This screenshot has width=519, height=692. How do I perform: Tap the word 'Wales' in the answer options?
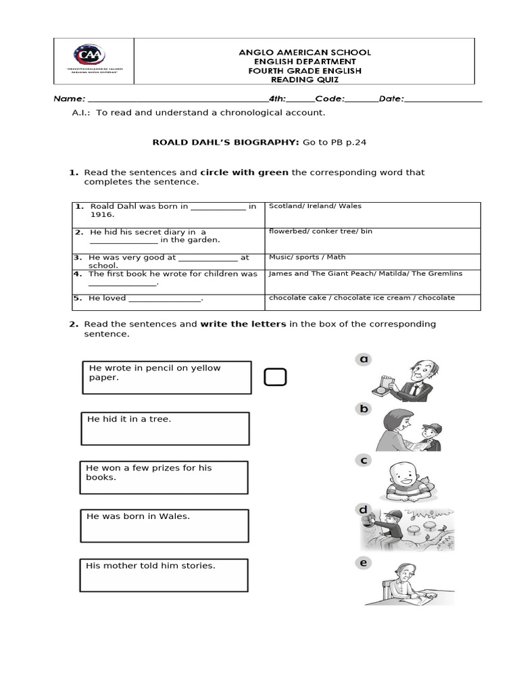point(350,206)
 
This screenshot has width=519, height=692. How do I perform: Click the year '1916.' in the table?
point(103,215)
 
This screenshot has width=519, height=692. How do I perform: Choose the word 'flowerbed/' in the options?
point(289,231)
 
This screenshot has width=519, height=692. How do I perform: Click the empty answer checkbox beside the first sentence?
point(275,377)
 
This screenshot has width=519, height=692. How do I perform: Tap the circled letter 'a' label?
point(364,360)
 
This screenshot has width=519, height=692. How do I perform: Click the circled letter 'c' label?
point(364,460)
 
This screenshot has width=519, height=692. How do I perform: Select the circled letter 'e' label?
point(364,563)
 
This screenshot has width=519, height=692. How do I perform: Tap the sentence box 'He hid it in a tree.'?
point(165,428)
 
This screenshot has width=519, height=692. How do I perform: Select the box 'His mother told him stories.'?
point(164,575)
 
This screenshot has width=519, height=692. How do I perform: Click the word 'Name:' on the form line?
point(70,99)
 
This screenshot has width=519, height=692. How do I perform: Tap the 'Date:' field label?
point(391,99)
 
